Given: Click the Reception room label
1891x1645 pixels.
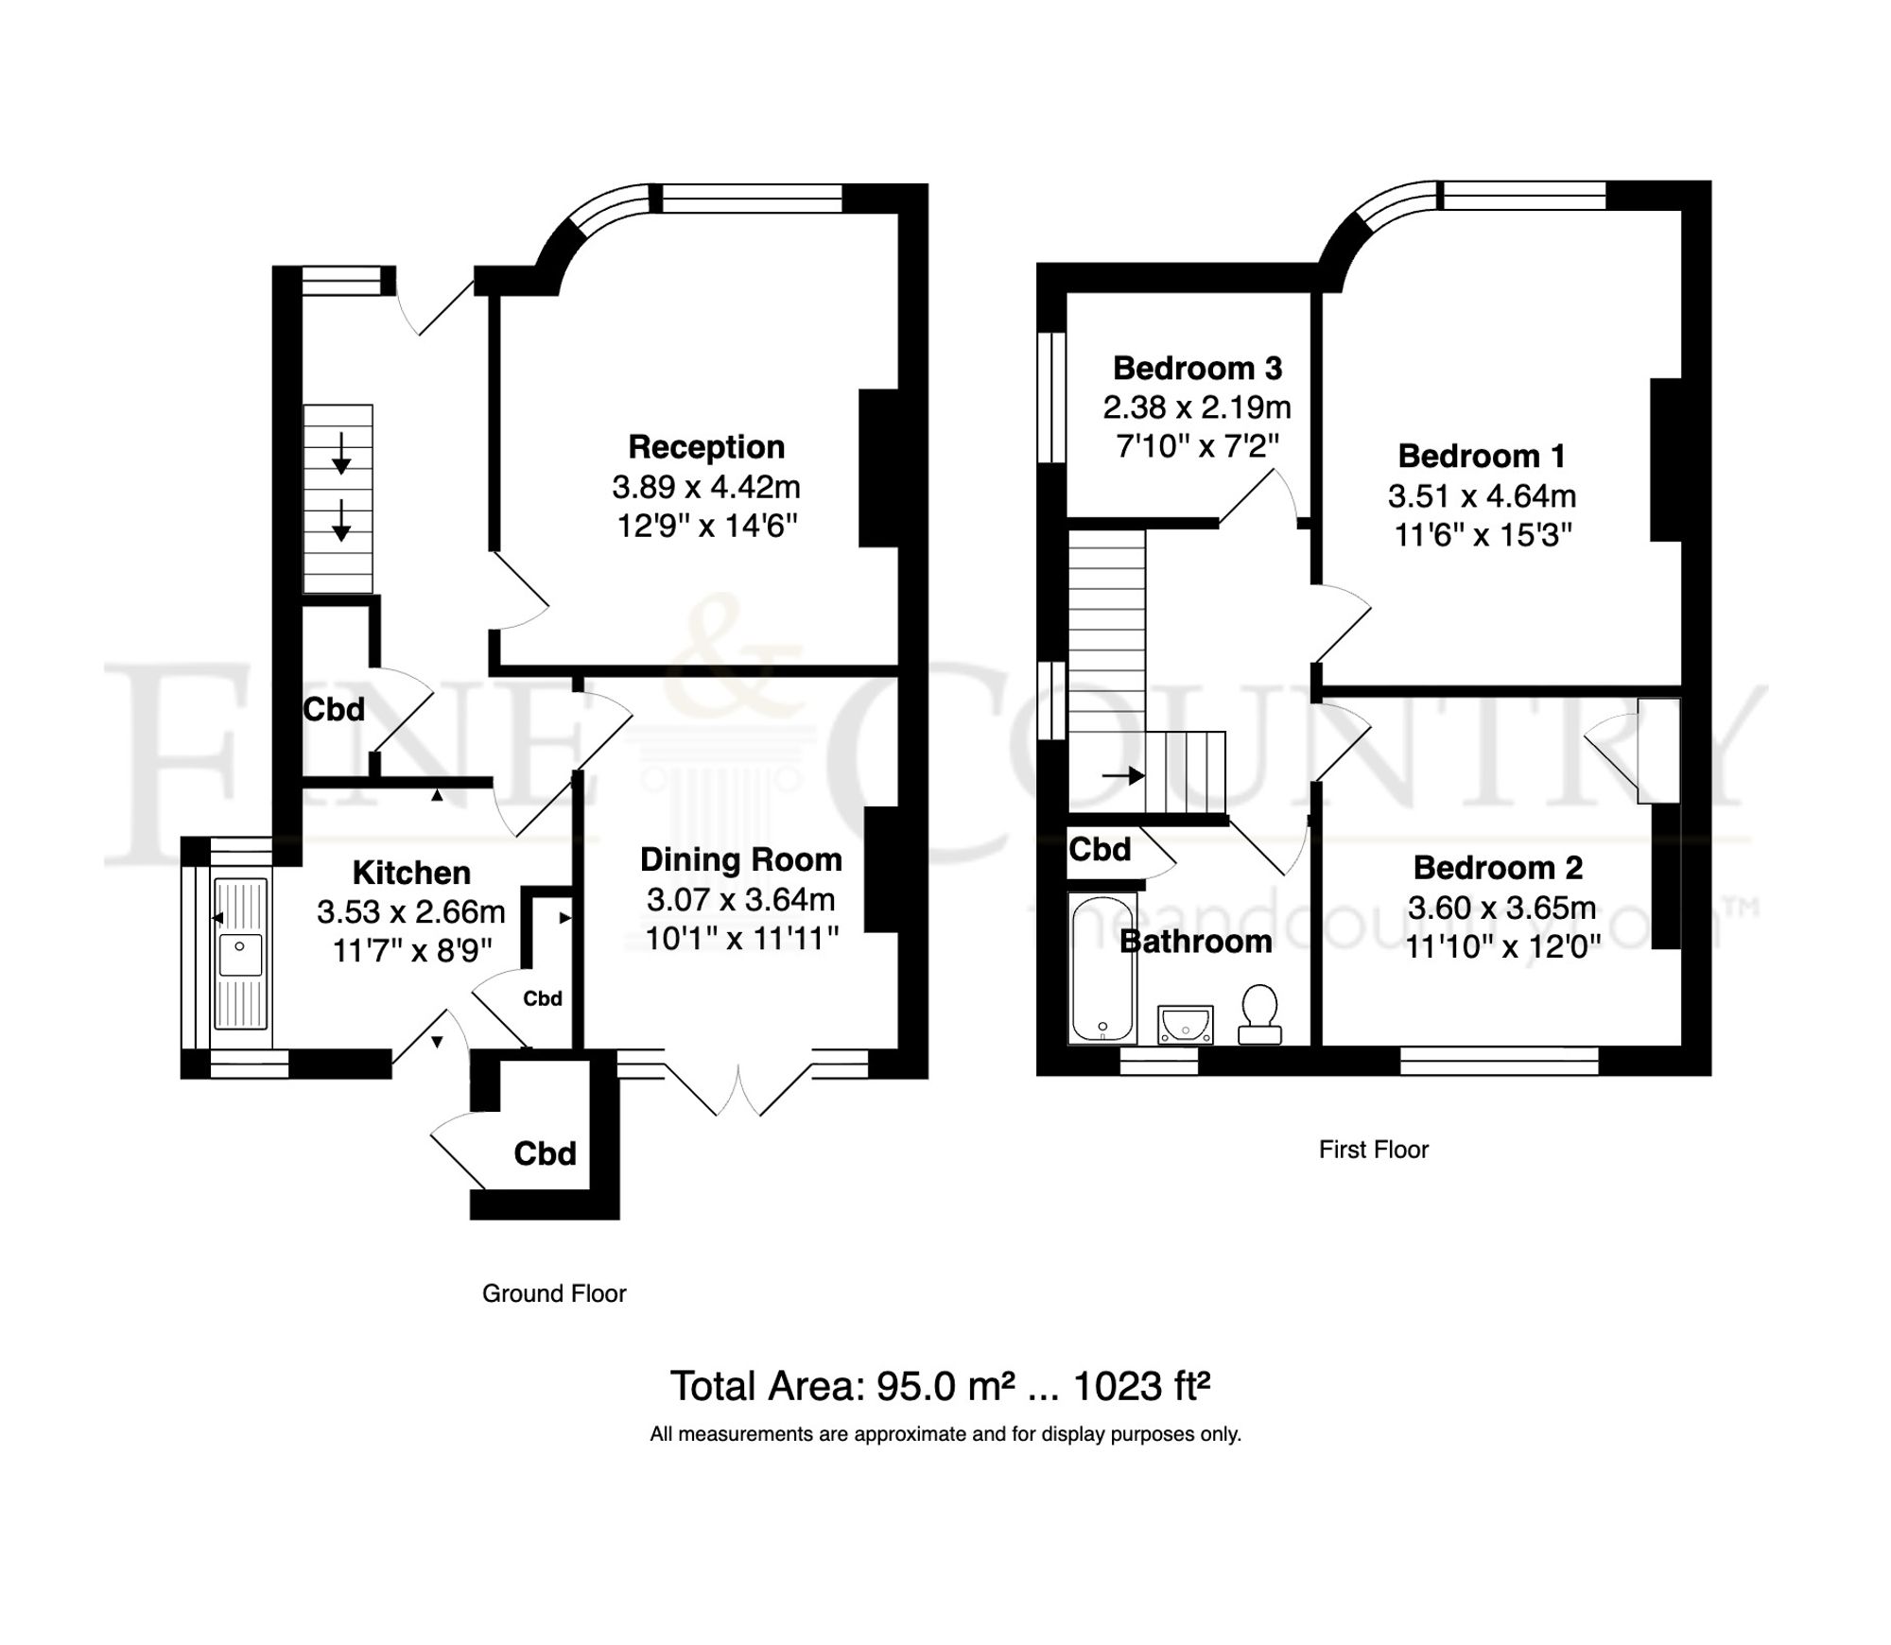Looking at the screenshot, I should (706, 446).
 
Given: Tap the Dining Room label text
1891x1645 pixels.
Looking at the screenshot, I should (740, 859).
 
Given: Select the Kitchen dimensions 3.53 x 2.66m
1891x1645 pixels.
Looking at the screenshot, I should (411, 912).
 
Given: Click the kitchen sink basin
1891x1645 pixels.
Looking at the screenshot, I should (240, 955).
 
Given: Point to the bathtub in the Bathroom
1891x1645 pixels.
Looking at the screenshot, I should (1102, 969).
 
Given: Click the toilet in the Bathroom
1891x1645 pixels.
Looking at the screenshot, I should (1259, 1012).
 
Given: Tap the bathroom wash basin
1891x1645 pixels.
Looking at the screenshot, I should (1185, 1024).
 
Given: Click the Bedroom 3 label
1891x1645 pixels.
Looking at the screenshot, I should (1197, 368).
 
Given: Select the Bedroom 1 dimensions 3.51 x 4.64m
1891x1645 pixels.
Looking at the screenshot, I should (1482, 495).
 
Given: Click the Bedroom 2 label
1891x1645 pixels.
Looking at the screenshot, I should (1498, 867).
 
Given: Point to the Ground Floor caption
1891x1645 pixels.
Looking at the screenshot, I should (554, 1293).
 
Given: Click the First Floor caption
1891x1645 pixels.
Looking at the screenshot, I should (1373, 1150).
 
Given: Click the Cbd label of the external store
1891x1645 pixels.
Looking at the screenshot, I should (545, 1153).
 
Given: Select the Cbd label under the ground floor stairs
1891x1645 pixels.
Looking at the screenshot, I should (334, 709).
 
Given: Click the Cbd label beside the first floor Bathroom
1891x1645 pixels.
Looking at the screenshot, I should (1100, 849).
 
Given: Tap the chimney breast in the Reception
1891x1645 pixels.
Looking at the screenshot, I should (877, 469).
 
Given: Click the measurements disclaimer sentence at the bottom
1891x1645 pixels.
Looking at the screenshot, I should (945, 1434).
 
